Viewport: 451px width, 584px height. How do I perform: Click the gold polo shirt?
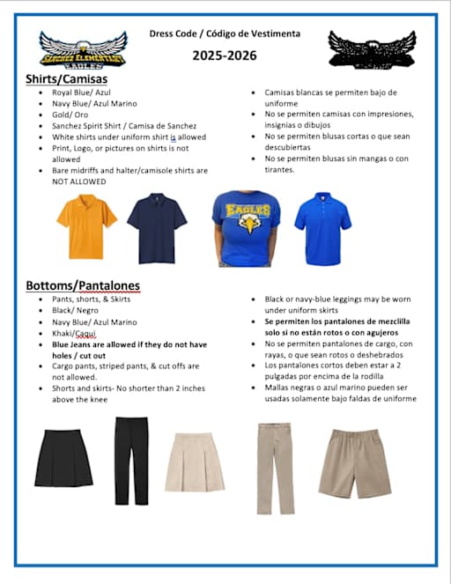tap(86, 224)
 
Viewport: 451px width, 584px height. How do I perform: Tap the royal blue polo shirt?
tap(322, 224)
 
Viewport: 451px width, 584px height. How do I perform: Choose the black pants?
tap(132, 459)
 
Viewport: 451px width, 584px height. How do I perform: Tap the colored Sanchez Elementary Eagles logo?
tap(82, 50)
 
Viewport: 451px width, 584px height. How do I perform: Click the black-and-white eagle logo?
tap(371, 49)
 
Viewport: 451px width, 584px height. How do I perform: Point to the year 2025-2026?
tap(225, 55)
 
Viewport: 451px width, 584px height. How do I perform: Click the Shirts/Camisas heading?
tap(66, 79)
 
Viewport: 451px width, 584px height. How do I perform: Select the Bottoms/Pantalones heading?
tap(82, 285)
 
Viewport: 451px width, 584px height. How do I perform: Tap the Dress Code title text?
tap(225, 33)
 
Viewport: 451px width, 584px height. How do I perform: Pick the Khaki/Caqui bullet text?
tap(75, 333)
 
